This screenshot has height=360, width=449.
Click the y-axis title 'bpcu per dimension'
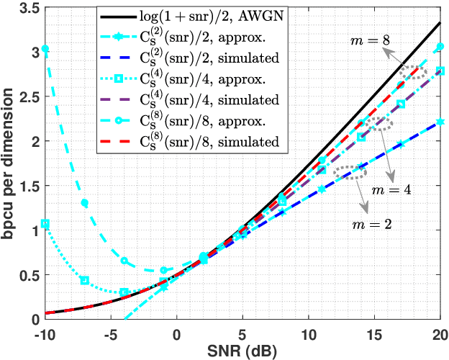9,161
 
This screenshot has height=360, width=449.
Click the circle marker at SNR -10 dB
45,49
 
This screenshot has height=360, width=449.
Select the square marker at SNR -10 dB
45,224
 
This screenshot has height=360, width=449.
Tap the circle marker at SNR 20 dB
440,48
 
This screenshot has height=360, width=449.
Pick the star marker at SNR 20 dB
440,123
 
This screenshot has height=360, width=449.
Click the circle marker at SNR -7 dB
85,203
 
